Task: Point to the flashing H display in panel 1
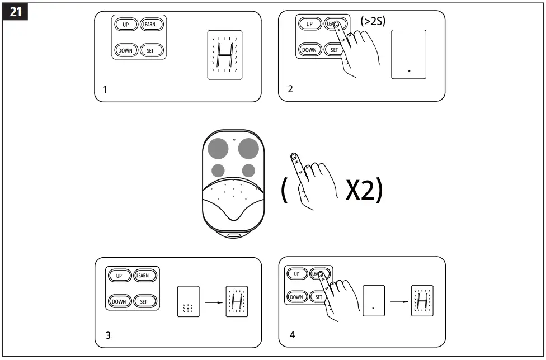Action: click(x=224, y=55)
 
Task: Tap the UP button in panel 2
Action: click(x=308, y=24)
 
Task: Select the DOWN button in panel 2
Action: click(x=309, y=50)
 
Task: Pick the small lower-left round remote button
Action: click(x=218, y=170)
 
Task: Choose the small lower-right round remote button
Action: click(x=248, y=170)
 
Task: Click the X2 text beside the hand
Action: click(x=364, y=191)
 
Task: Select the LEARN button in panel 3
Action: click(x=143, y=276)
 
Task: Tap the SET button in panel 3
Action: click(x=143, y=301)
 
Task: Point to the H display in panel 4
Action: click(x=422, y=302)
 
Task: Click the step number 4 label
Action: click(x=292, y=335)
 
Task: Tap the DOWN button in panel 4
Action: click(x=297, y=297)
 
